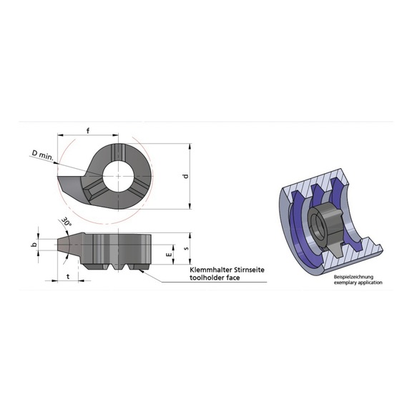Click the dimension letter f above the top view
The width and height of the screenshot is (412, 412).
coord(87,129)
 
